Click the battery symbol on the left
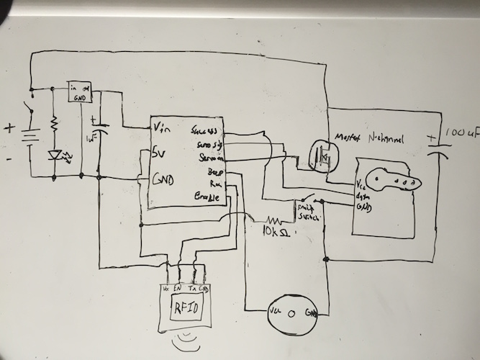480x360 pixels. click(x=30, y=136)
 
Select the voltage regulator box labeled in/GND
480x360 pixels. click(x=78, y=91)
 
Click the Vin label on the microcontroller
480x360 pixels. click(x=163, y=127)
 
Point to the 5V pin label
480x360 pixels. click(x=160, y=152)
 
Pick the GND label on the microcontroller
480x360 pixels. click(x=163, y=179)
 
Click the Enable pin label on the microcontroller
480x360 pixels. click(x=207, y=197)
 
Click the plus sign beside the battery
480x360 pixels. click(x=10, y=130)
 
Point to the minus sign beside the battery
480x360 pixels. click(x=9, y=160)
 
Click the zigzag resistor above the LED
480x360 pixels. click(x=54, y=126)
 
